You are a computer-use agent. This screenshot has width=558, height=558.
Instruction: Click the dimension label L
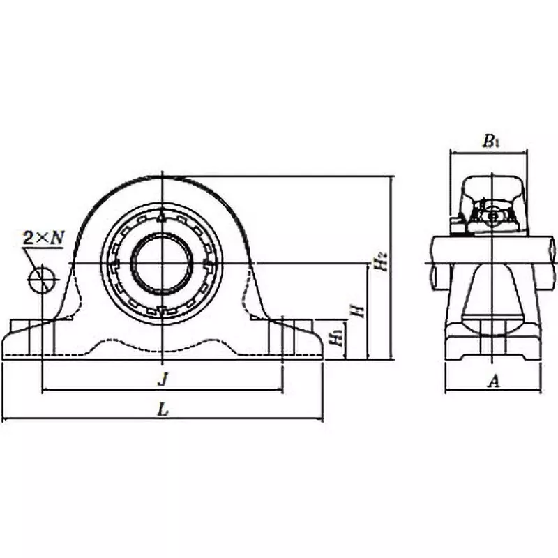(163, 411)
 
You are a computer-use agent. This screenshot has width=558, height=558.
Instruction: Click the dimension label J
(163, 379)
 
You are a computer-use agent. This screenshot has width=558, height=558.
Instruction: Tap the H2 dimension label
(380, 264)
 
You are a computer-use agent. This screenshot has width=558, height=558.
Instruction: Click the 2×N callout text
(43, 237)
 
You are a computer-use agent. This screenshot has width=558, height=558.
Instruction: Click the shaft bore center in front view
(162, 264)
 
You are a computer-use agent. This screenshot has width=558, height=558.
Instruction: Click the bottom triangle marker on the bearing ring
(162, 310)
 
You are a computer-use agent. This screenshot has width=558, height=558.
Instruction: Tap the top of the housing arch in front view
(162, 176)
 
